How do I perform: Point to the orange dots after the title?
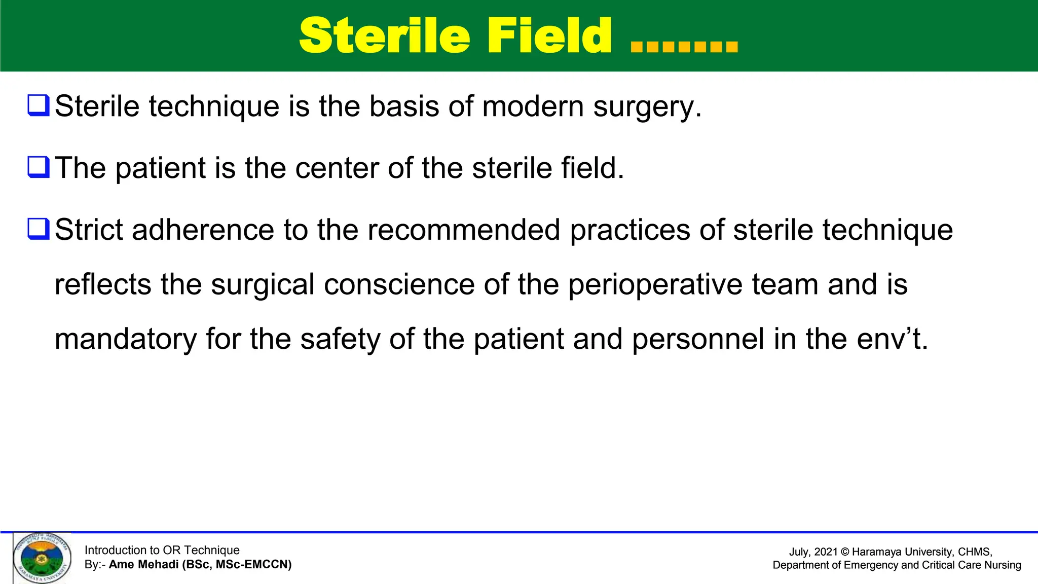click(684, 47)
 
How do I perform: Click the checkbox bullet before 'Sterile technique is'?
click(39, 105)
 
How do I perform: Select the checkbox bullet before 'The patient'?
click(39, 167)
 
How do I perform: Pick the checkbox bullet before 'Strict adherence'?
click(39, 229)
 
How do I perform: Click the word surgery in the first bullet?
click(647, 107)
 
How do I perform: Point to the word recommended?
click(463, 230)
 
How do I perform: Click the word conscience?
click(399, 284)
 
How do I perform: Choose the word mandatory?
click(125, 340)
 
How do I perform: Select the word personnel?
click(698, 340)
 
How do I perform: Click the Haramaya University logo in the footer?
click(42, 558)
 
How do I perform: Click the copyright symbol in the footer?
click(844, 552)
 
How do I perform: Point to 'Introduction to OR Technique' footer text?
click(162, 550)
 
